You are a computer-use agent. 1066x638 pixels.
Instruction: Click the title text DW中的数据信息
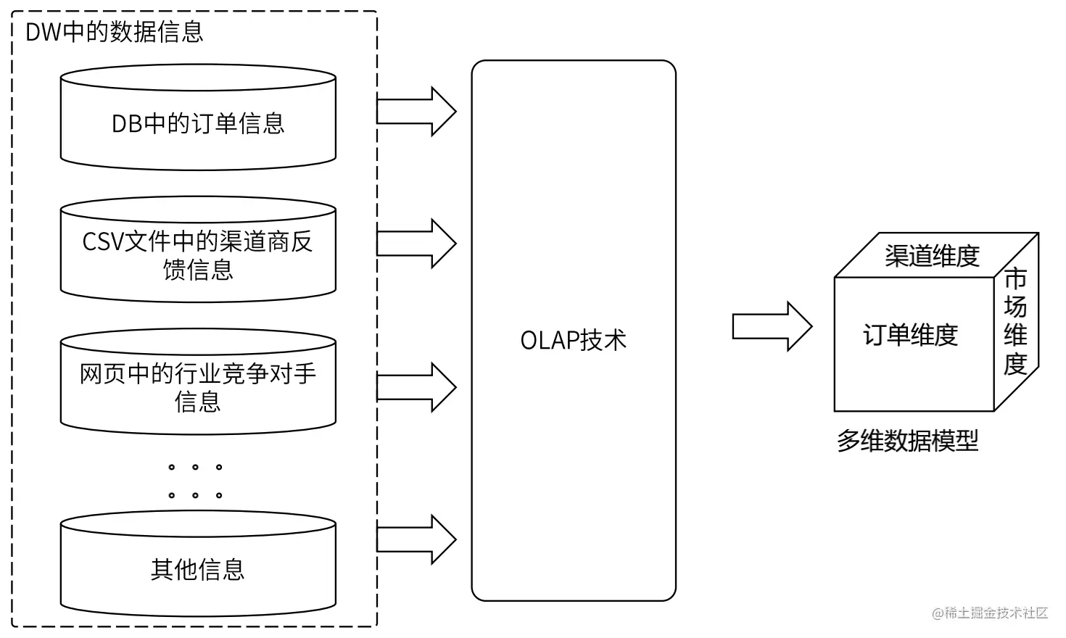coord(114,32)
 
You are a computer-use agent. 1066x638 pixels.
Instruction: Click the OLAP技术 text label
coord(573,340)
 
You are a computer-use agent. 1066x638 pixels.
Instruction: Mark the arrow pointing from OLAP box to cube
coord(772,327)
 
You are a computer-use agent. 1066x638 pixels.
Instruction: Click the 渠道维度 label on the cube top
coord(932,256)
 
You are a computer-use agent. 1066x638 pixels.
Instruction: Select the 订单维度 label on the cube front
coord(910,335)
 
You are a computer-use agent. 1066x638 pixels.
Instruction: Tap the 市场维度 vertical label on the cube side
coord(1015,321)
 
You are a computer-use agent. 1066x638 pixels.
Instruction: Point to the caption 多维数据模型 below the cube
coord(907,440)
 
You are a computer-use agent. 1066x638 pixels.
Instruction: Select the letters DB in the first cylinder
coord(126,124)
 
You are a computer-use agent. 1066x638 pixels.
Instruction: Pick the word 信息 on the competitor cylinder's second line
coord(197,401)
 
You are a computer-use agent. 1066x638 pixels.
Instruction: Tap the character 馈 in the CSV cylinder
coord(174,270)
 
